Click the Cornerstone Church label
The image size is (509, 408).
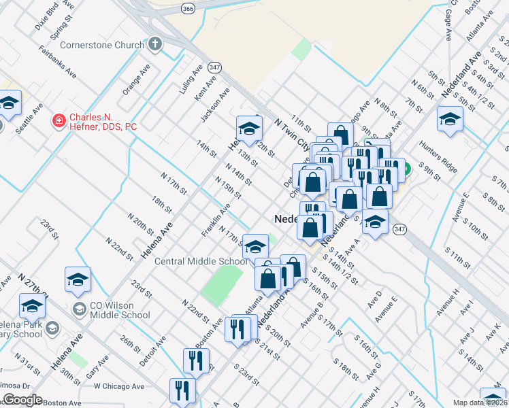click(102, 46)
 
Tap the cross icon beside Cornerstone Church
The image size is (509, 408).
click(154, 46)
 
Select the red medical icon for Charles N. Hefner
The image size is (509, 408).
click(59, 122)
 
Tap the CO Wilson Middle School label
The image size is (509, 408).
click(120, 310)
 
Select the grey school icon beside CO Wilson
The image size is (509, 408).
click(80, 310)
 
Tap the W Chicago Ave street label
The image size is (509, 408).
click(119, 386)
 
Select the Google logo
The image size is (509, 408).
click(22, 400)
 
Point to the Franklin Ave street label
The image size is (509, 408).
click(214, 223)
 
